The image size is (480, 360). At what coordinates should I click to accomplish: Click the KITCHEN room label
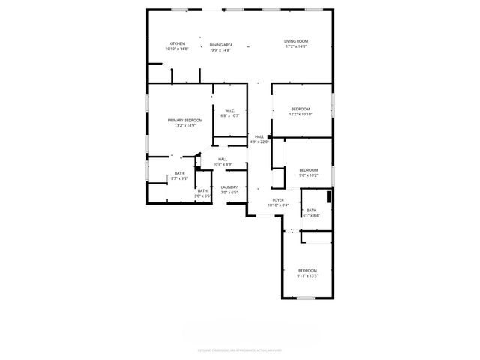point(177,43)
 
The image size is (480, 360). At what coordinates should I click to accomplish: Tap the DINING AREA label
point(221,45)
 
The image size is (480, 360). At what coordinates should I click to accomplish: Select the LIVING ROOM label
point(296,41)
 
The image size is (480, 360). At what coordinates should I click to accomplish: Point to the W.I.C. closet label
point(230,111)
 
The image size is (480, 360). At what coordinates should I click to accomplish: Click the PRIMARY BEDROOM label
point(185,120)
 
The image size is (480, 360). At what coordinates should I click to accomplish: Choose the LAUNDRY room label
point(229,187)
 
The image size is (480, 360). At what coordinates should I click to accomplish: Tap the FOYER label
point(278,200)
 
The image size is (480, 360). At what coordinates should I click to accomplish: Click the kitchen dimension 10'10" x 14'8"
point(177,49)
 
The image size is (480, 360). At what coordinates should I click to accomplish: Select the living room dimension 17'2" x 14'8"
point(296,46)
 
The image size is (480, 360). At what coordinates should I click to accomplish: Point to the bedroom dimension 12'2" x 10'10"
point(301,114)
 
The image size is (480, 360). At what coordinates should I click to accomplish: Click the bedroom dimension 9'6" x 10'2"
point(309,175)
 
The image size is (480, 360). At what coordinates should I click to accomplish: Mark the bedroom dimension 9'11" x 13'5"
point(307,275)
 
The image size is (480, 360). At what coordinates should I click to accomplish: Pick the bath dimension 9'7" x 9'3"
point(179,178)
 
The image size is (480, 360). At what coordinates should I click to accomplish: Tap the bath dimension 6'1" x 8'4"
point(311,215)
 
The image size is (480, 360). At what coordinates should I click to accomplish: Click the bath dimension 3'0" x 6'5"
point(202,196)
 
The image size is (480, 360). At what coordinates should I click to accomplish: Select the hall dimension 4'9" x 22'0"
point(259,142)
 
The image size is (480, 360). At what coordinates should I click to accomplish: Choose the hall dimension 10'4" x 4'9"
point(223,164)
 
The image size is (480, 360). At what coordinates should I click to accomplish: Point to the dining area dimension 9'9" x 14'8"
point(221,50)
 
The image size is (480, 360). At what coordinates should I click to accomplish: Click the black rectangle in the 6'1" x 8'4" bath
point(328,197)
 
